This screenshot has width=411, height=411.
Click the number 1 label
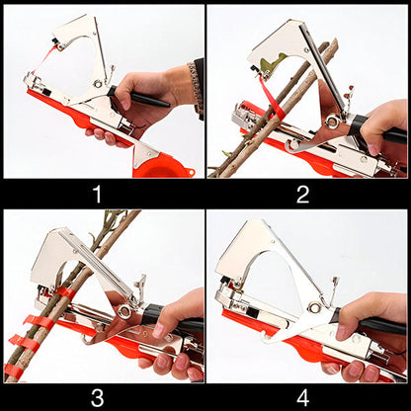pos(97,195)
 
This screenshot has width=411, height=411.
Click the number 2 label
pos(303,195)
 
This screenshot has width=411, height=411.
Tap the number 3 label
pos(98,398)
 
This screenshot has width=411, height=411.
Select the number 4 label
pos(303,398)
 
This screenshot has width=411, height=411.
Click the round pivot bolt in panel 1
pos(97,83)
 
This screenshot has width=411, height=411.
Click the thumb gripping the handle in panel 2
pos(373,146)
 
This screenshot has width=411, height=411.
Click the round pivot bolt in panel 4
pos(314,308)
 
